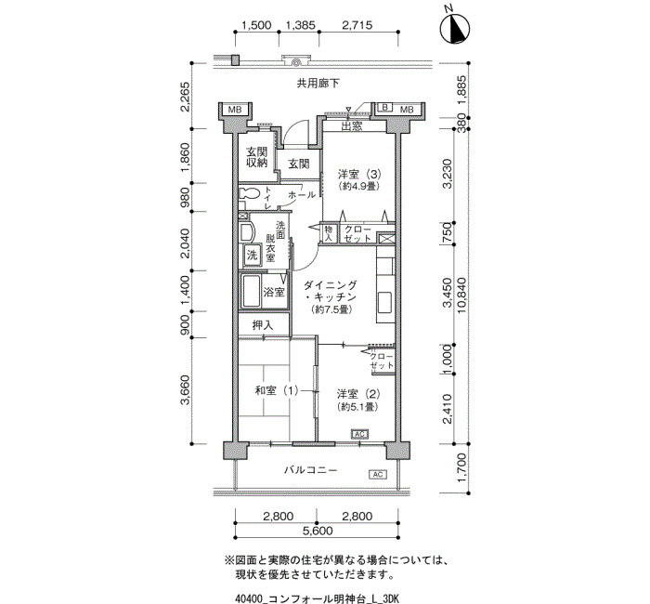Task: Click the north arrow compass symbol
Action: tap(455, 28)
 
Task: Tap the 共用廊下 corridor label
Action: tap(318, 84)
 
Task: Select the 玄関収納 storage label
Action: tap(257, 157)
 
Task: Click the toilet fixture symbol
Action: tap(248, 194)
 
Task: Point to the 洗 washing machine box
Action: tap(252, 256)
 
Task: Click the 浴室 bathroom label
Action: tap(274, 292)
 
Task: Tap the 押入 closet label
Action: tap(263, 325)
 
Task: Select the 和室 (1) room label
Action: tap(276, 391)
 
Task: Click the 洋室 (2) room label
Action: tap(358, 393)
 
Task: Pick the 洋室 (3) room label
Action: tap(359, 173)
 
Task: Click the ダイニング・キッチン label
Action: tap(331, 291)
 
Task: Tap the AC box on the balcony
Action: tap(378, 474)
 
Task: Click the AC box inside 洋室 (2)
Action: tap(360, 434)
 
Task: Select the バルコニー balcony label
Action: tap(310, 470)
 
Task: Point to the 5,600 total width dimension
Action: tap(318, 531)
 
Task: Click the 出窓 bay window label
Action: tap(352, 126)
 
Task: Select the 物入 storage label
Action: tap(329, 233)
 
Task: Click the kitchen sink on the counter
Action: tap(384, 299)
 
